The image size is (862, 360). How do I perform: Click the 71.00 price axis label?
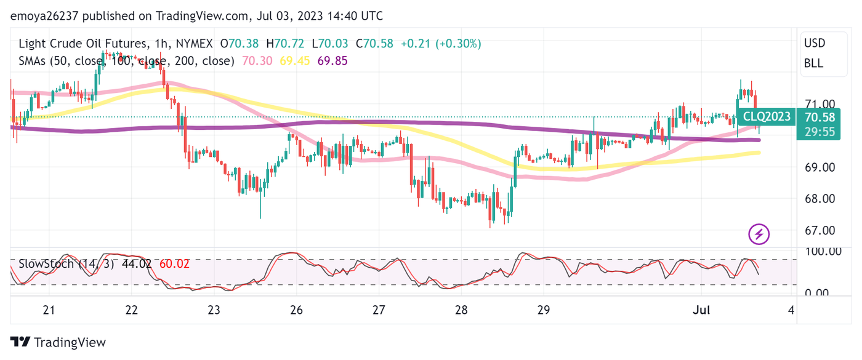(x=820, y=104)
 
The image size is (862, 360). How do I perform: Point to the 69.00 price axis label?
(x=820, y=167)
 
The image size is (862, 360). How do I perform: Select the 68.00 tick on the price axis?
(x=820, y=199)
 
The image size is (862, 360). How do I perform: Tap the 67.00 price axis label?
(x=820, y=230)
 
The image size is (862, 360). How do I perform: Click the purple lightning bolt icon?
(x=759, y=234)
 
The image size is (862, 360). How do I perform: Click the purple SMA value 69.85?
(x=331, y=61)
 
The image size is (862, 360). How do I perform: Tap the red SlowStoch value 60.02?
(x=174, y=264)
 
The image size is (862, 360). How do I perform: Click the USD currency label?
(x=814, y=44)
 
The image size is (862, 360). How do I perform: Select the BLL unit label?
(x=813, y=63)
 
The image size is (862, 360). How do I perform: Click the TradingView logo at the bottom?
(x=58, y=343)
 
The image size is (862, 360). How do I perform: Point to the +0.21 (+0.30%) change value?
(x=441, y=44)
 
